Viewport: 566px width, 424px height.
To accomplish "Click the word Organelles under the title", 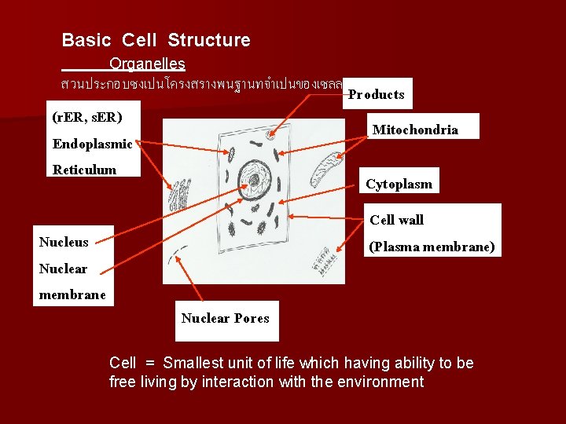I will [x=147, y=64].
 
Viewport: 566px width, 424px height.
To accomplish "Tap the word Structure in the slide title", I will [x=209, y=40].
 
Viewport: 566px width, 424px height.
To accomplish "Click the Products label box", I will [x=376, y=94].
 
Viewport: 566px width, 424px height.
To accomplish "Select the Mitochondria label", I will [x=415, y=130].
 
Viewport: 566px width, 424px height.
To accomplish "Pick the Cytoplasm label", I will [x=399, y=185].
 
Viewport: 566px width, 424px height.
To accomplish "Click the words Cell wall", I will [x=396, y=220].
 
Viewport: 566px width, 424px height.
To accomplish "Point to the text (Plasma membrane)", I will [x=432, y=247].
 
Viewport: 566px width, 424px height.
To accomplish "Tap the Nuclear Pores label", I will [x=225, y=318].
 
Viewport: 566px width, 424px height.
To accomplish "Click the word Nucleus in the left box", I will [x=64, y=242].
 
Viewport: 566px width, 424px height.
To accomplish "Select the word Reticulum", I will [x=84, y=170].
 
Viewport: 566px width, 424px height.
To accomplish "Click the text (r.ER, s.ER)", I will [x=86, y=118].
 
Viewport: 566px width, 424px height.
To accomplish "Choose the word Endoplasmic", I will [x=93, y=144].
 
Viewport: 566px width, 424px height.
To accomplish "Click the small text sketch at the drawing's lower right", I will [x=322, y=258].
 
